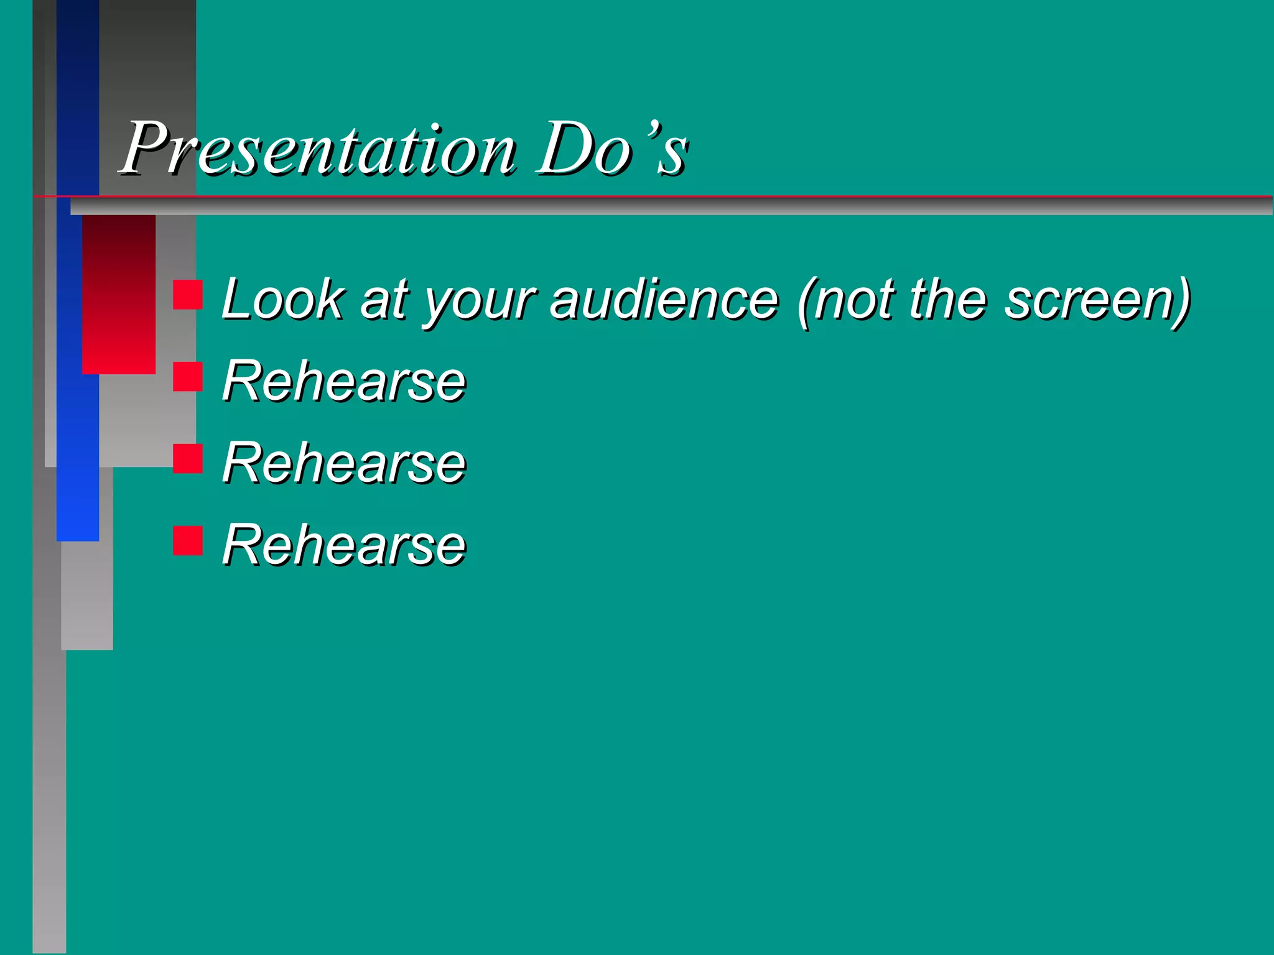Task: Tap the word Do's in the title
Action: point(613,149)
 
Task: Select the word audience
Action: point(664,300)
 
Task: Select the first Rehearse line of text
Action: point(344,381)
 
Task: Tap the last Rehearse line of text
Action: point(344,545)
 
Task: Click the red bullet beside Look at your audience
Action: point(188,295)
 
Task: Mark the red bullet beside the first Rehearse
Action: point(188,377)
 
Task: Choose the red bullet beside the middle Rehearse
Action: point(188,459)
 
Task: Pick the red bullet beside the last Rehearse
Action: point(188,540)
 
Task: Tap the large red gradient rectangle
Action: point(119,295)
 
